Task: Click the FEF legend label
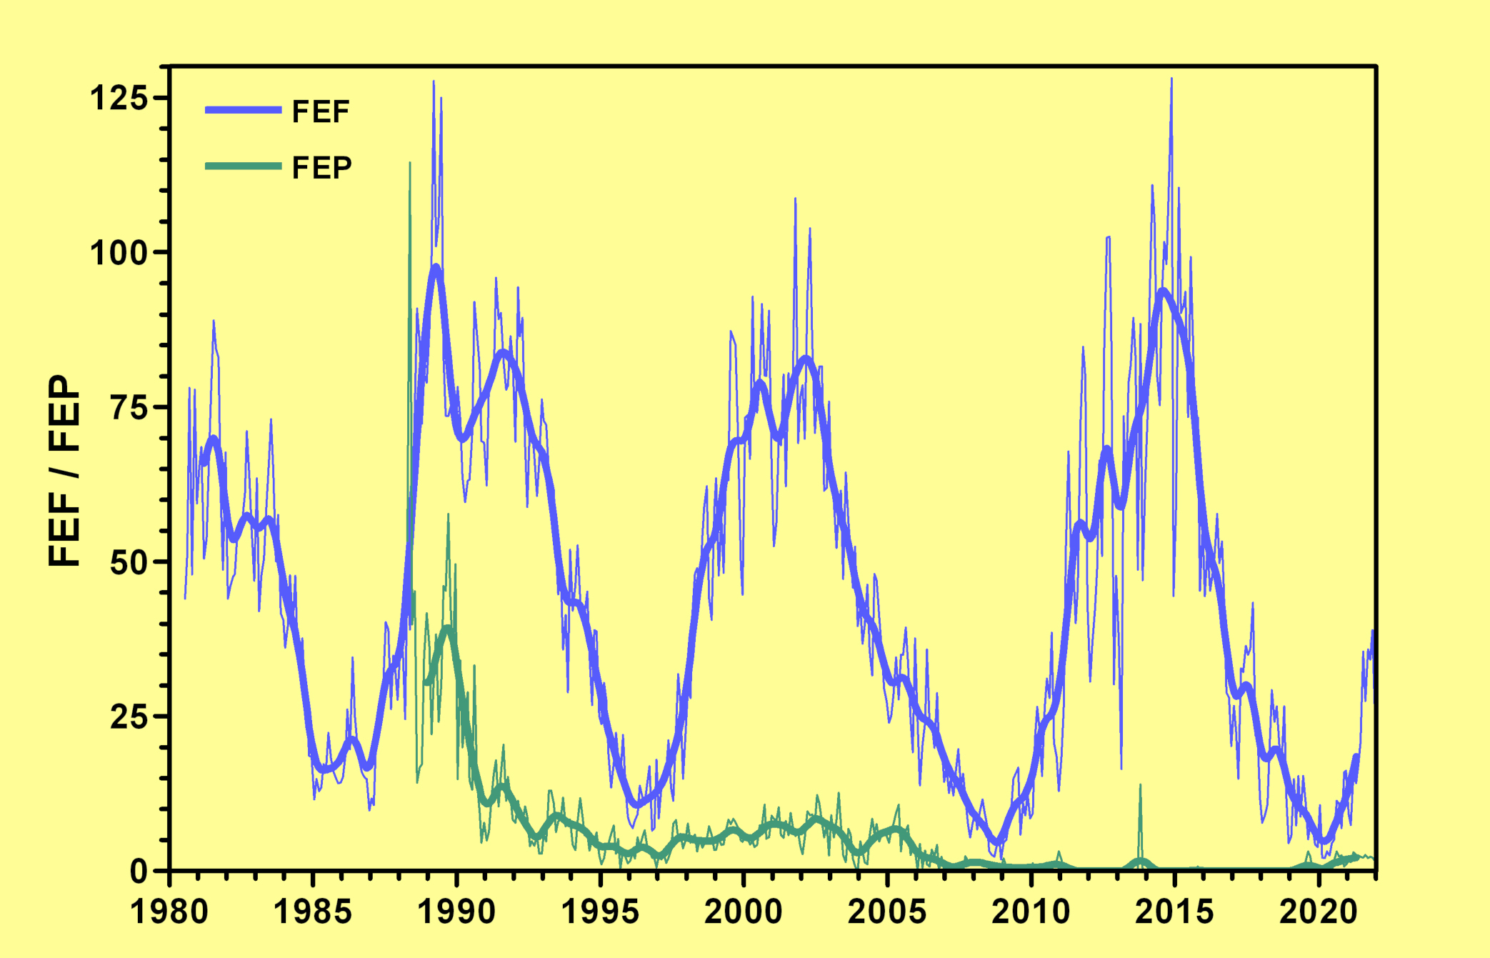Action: (321, 111)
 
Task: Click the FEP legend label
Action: (321, 168)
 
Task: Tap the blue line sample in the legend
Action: (243, 110)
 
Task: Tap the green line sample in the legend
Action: (243, 166)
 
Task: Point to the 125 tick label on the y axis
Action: (119, 98)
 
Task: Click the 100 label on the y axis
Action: (119, 253)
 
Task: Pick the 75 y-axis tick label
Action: (129, 407)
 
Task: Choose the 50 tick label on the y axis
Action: (129, 562)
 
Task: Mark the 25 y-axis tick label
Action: (129, 717)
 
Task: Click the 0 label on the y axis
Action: (139, 871)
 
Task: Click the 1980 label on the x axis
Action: (169, 912)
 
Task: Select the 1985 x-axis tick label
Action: (313, 912)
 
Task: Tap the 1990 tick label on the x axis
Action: (456, 912)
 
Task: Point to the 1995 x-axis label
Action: (600, 912)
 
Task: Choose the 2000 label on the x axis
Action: (744, 912)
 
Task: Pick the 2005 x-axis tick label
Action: (887, 912)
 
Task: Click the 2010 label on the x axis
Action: (1031, 912)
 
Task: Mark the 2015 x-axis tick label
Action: (1174, 912)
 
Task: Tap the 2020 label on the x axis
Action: (1318, 912)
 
